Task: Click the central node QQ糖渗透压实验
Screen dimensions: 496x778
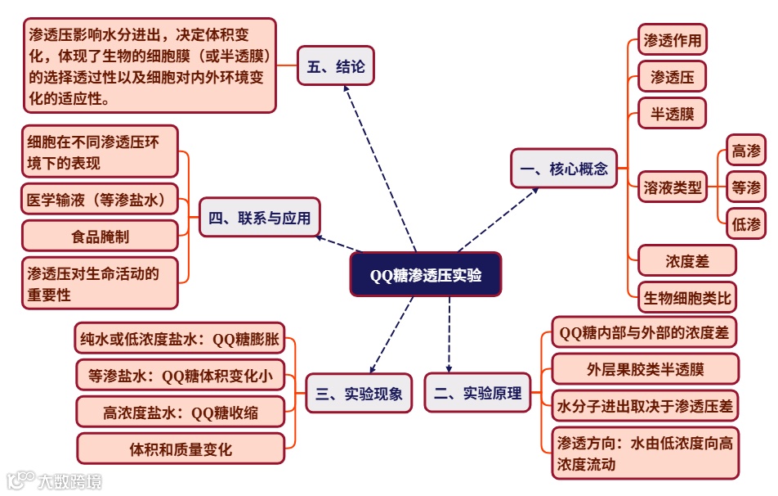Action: [425, 274]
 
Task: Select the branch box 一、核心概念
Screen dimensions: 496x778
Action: [564, 169]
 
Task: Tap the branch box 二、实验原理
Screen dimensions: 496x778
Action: [478, 393]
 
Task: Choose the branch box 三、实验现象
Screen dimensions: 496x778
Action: [359, 393]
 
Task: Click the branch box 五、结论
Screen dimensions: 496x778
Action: [336, 66]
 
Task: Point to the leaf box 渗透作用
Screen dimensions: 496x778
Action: [672, 39]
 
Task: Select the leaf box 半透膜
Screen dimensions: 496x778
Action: [672, 114]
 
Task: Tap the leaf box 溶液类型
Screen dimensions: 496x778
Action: [672, 187]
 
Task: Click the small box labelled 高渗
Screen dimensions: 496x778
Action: [746, 151]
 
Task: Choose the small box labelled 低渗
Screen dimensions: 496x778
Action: [746, 224]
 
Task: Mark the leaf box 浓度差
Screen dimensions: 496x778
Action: [686, 261]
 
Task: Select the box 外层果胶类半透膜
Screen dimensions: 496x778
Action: [645, 369]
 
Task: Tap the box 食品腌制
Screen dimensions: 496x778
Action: [100, 236]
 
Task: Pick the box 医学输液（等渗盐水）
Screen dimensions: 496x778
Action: [100, 199]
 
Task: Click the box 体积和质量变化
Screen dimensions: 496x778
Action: [181, 449]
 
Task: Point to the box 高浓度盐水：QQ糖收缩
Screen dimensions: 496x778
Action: [181, 413]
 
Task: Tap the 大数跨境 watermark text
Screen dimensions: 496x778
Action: [70, 480]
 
